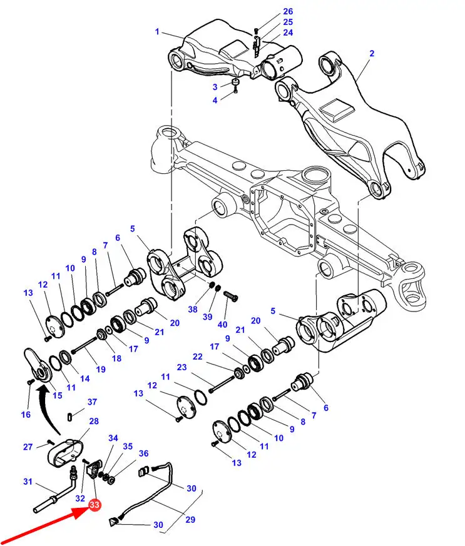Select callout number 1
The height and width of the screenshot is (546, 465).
click(157, 32)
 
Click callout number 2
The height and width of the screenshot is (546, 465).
click(371, 54)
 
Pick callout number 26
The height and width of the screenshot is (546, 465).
click(287, 12)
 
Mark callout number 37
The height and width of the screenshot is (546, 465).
click(92, 402)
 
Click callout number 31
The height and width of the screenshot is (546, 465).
click(28, 482)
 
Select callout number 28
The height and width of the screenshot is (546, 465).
click(94, 422)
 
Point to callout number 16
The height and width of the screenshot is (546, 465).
click(26, 415)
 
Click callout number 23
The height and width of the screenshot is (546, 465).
click(181, 367)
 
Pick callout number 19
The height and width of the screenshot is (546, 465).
click(101, 370)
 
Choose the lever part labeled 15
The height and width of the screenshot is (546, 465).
click(39, 364)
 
